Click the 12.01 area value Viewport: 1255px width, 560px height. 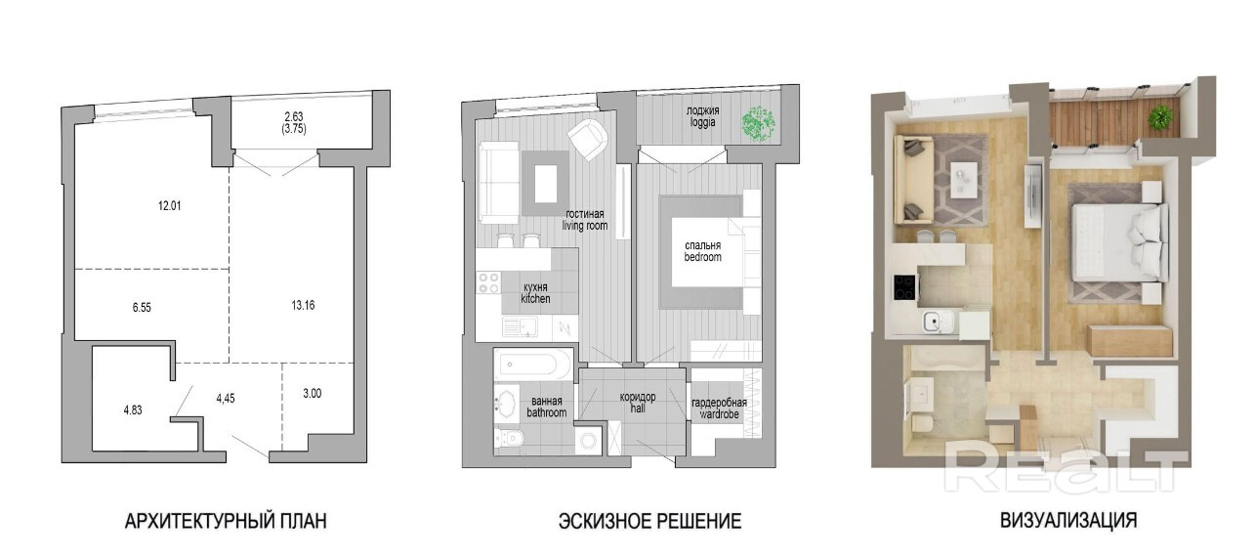169,206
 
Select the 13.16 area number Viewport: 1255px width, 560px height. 303,306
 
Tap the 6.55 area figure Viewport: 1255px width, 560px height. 142,307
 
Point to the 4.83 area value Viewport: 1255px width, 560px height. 133,409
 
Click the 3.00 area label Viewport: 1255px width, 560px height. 313,394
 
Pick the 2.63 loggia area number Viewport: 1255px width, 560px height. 294,116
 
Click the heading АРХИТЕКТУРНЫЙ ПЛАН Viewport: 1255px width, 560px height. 226,521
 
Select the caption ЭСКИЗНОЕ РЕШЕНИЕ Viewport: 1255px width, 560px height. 649,521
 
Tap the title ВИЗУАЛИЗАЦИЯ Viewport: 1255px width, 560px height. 1068,520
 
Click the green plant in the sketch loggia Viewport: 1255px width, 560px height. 759,123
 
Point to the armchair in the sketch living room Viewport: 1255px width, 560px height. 588,139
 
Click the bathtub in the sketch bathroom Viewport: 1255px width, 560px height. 532,365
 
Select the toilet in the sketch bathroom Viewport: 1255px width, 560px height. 510,439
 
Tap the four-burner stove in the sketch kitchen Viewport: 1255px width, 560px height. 488,283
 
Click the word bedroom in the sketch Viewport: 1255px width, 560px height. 702,257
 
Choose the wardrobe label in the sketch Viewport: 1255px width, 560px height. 719,414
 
